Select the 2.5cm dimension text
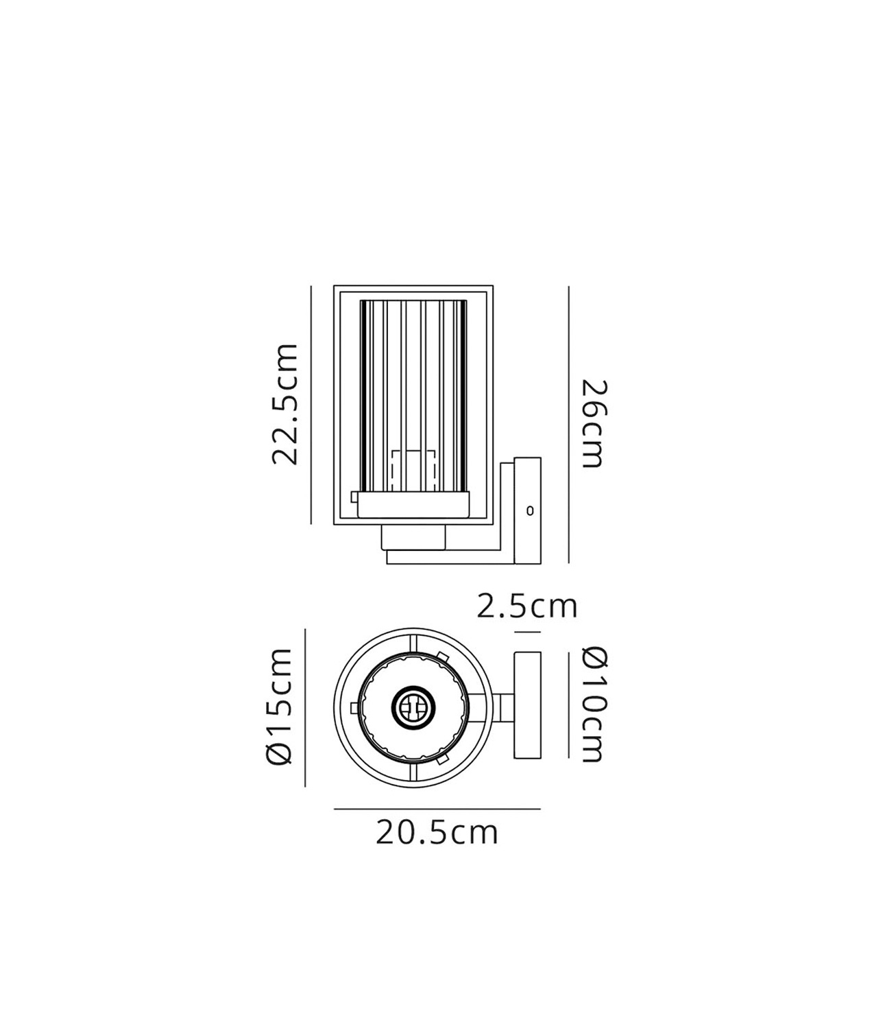point(526,606)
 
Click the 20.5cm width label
point(437,832)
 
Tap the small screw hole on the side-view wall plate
point(530,511)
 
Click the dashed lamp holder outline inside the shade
point(413,471)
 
